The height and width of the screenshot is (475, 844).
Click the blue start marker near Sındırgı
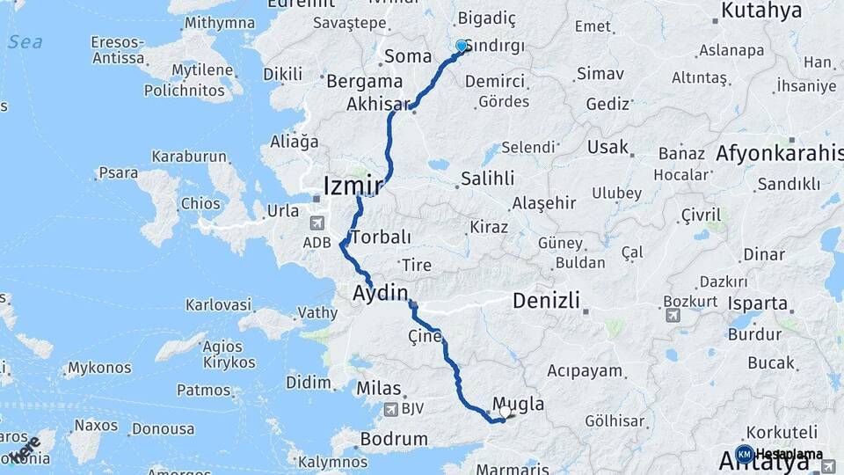point(462,46)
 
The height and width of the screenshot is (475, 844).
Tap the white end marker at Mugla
point(505,411)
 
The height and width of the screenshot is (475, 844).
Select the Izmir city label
point(353,186)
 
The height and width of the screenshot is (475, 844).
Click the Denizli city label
point(546,301)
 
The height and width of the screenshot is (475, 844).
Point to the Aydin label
point(381,293)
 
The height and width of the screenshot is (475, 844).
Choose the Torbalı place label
point(381,237)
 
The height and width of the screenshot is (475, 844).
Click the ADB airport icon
point(317,223)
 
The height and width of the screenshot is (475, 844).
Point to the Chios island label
point(200,203)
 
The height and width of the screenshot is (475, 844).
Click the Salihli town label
point(485,179)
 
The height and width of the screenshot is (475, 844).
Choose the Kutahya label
point(761,11)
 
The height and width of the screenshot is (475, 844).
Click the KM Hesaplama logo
point(779,454)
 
